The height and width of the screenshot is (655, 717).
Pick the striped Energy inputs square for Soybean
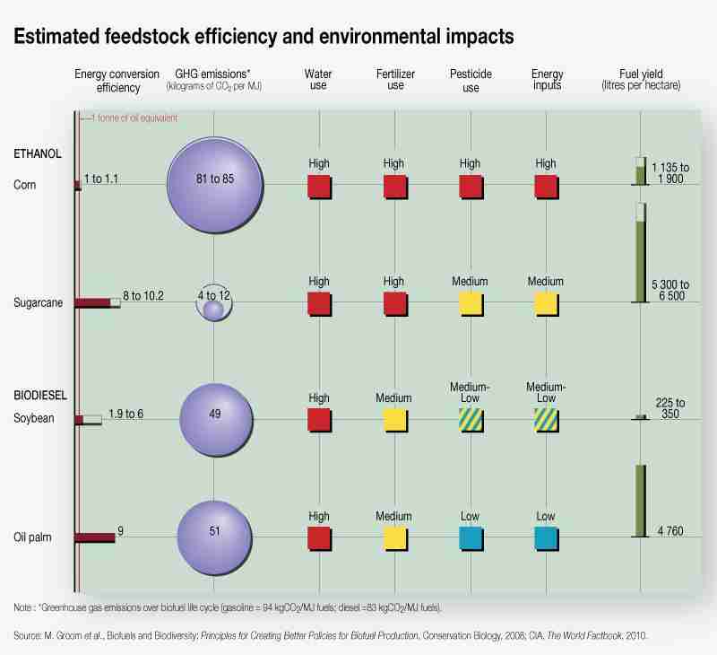(x=547, y=420)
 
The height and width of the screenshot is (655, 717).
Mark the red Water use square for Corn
(x=319, y=186)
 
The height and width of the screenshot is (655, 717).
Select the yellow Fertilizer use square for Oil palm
(x=395, y=537)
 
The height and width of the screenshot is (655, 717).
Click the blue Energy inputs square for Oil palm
(x=547, y=537)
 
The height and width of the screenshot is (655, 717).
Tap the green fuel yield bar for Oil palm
(x=641, y=501)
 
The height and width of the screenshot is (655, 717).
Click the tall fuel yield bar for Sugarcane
(x=640, y=253)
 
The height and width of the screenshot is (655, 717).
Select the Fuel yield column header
(x=641, y=79)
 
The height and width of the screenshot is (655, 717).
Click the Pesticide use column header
(x=471, y=79)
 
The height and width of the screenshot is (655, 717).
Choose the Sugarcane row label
(x=38, y=302)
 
